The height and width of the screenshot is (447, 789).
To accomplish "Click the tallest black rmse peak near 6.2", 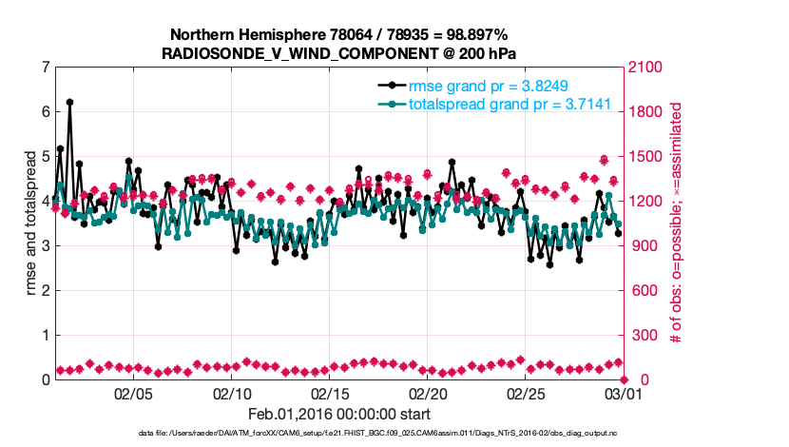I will (69, 102).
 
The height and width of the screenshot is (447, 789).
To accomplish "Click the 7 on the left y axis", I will (45, 68).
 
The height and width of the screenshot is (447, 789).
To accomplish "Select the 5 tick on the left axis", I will (45, 157).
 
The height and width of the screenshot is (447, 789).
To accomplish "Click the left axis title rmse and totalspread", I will (30, 223).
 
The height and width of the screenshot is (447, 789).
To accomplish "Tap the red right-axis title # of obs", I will (677, 223).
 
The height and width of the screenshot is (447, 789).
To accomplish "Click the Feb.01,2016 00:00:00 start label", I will (338, 415).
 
